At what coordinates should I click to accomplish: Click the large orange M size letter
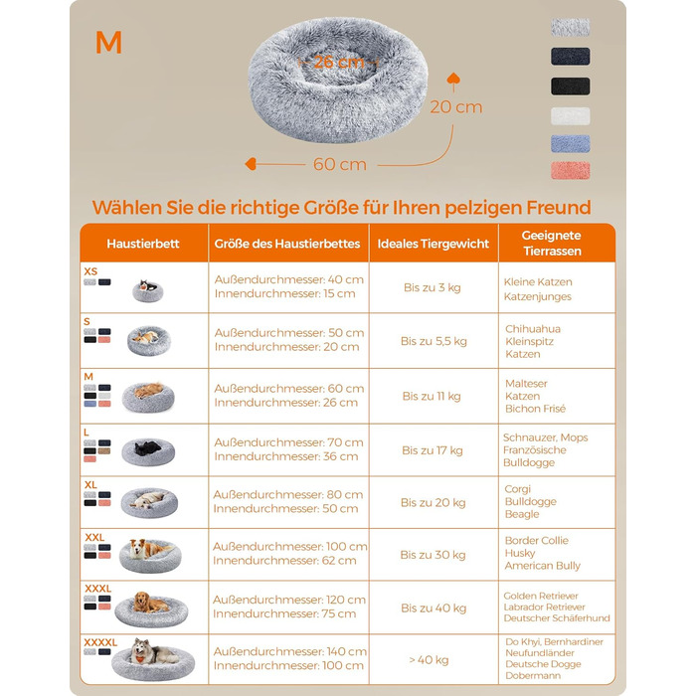pyautogui.click(x=108, y=43)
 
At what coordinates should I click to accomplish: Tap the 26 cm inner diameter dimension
pyautogui.click(x=339, y=62)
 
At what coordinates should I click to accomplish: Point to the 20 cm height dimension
pyautogui.click(x=455, y=107)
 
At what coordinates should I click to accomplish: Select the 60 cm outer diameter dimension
pyautogui.click(x=340, y=164)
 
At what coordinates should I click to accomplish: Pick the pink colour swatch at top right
pyautogui.click(x=571, y=171)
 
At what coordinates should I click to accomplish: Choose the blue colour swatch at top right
pyautogui.click(x=571, y=144)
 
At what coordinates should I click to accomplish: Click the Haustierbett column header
pyautogui.click(x=143, y=244)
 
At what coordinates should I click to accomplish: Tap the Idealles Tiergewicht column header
pyautogui.click(x=434, y=244)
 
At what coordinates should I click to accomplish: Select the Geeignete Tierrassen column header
pyautogui.click(x=552, y=244)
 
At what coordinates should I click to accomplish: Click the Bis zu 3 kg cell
pyautogui.click(x=433, y=287)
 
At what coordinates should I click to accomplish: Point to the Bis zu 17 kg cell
pyautogui.click(x=433, y=450)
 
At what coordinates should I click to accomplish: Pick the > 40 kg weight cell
pyautogui.click(x=429, y=660)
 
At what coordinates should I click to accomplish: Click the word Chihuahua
pyautogui.click(x=533, y=329)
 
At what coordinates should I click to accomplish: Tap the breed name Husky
pyautogui.click(x=520, y=553)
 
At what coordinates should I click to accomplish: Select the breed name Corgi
pyautogui.click(x=518, y=489)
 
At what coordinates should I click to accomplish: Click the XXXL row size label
pyautogui.click(x=98, y=589)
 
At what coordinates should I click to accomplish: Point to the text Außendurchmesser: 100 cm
pyautogui.click(x=290, y=547)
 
